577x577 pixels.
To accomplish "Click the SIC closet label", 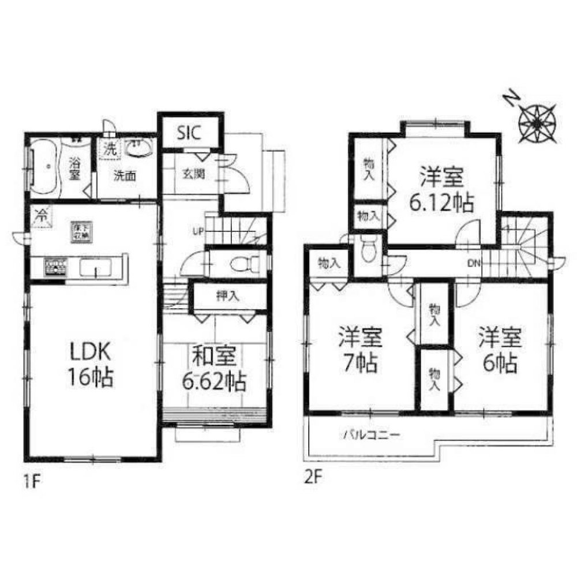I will [x=189, y=133].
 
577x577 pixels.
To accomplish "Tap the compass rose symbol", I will [x=537, y=121].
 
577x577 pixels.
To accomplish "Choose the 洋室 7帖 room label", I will [x=358, y=350].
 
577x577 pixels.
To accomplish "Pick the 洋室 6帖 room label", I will [x=500, y=350].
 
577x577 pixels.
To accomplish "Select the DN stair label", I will [x=474, y=264].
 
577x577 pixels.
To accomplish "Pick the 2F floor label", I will [x=313, y=478].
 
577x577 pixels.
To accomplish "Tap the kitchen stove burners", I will [x=56, y=267].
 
